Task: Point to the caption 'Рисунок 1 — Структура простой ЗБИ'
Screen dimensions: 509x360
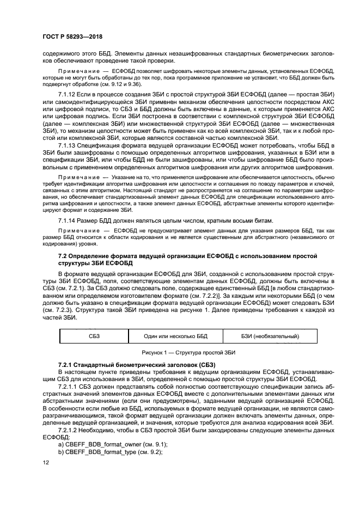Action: point(180,352)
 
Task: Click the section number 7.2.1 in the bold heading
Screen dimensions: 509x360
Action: point(67,364)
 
